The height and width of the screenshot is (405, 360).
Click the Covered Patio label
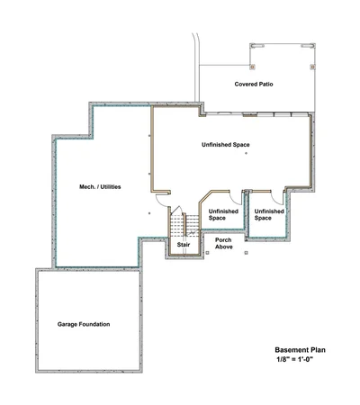pos(254,85)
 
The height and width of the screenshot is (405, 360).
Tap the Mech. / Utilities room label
pos(100,187)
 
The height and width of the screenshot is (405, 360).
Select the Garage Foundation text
pos(84,324)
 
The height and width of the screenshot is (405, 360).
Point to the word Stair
pos(184,245)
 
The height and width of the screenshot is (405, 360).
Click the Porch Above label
pos(224,243)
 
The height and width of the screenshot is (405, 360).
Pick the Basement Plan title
pos(301,350)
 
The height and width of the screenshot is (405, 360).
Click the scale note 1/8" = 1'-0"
pos(295,359)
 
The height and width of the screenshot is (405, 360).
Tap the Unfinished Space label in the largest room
pos(226,145)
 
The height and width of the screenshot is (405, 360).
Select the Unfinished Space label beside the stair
pos(223,215)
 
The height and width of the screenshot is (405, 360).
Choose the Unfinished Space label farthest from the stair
pos(269,215)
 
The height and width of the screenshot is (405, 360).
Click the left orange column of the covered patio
pos(253,67)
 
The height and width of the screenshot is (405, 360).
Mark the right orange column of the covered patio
pos(312,67)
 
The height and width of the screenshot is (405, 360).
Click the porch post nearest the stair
pos(207,253)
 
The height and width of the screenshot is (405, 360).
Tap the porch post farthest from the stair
pos(247,253)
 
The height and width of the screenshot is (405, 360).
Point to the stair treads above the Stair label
pos(184,225)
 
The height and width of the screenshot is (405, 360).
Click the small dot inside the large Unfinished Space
pos(247,153)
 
